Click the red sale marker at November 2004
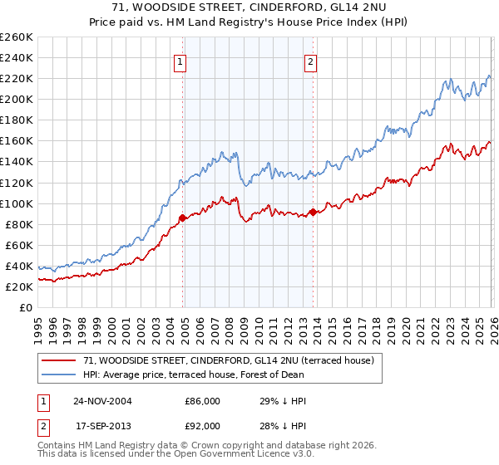click(183, 218)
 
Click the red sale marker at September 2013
click(313, 211)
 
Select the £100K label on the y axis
click(17, 203)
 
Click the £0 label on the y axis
click(25, 307)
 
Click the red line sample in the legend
click(60, 360)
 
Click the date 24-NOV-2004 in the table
click(102, 401)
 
